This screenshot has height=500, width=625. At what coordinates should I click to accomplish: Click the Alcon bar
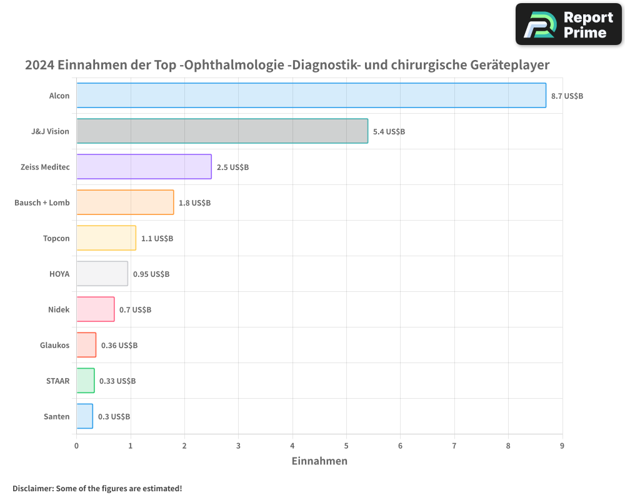311,96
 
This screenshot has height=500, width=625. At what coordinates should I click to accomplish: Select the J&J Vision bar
222,131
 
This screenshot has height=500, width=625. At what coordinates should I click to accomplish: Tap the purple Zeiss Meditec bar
144,167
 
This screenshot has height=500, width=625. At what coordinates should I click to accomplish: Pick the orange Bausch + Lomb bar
125,202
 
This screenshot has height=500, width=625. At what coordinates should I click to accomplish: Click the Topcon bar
106,238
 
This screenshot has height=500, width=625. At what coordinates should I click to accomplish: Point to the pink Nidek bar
96,309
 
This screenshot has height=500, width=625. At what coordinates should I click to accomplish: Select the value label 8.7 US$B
567,96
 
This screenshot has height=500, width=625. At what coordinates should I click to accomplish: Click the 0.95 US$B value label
151,274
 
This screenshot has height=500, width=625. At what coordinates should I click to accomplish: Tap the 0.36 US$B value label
119,345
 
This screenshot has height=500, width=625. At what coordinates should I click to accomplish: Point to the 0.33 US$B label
117,381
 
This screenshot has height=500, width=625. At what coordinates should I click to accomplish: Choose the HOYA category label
59,274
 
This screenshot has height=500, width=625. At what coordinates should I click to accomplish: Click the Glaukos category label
54,345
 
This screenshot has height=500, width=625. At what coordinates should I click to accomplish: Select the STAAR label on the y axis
58,381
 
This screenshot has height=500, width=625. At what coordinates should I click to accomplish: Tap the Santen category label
57,416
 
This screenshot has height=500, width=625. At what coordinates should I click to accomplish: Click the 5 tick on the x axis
346,446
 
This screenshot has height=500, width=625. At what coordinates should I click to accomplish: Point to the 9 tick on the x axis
562,446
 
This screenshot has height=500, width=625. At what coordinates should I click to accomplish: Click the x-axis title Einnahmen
319,461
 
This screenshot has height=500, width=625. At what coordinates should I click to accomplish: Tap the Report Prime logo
569,24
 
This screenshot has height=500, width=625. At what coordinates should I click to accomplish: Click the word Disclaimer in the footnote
32,488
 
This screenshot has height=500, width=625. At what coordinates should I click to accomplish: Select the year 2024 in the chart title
39,65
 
